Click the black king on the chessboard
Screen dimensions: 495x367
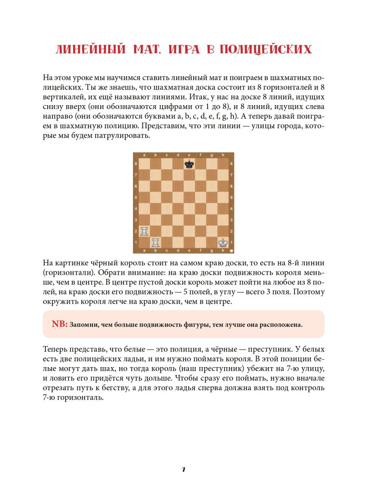pyautogui.click(x=189, y=164)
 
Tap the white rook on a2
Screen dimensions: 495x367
pyautogui.click(x=144, y=231)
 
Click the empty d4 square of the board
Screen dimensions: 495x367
pyautogui.click(x=178, y=208)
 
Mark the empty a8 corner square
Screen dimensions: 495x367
pyautogui.click(x=144, y=164)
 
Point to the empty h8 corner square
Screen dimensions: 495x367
pyautogui.click(x=223, y=164)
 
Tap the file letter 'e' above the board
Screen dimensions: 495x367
pyautogui.click(x=189, y=155)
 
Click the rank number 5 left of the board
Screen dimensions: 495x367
pyautogui.click(x=136, y=197)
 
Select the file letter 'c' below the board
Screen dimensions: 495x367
pyautogui.click(x=166, y=250)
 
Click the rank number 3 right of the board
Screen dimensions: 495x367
pyautogui.click(x=231, y=220)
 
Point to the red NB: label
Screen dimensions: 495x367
pyautogui.click(x=59, y=324)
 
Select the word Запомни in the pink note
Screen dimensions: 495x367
pyautogui.click(x=83, y=325)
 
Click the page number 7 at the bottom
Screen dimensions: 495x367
pyautogui.click(x=183, y=469)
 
